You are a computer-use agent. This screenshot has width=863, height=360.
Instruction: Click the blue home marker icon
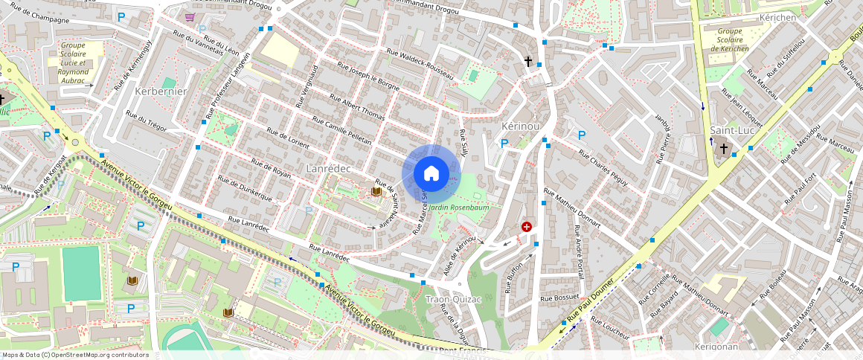pyautogui.click(x=431, y=173)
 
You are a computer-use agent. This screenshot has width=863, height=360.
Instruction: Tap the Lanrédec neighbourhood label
pyautogui.click(x=328, y=169)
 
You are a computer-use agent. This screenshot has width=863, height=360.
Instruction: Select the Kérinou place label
pyautogui.click(x=520, y=126)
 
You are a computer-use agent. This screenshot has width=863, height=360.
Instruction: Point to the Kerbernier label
pyautogui.click(x=161, y=91)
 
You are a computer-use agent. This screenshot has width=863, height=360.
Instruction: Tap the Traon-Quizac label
pyautogui.click(x=455, y=299)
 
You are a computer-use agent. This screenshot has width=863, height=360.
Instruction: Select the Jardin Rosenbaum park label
pyautogui.click(x=459, y=208)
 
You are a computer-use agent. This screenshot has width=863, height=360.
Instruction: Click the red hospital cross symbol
pyautogui.click(x=527, y=226)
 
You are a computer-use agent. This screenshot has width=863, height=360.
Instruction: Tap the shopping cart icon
pyautogui.click(x=190, y=16)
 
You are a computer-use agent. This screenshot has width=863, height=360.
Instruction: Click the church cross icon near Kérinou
pyautogui.click(x=528, y=61)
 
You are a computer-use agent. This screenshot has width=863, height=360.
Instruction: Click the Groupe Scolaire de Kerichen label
pyautogui.click(x=730, y=40)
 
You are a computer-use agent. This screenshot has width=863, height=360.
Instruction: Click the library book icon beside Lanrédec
pyautogui.click(x=376, y=192)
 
